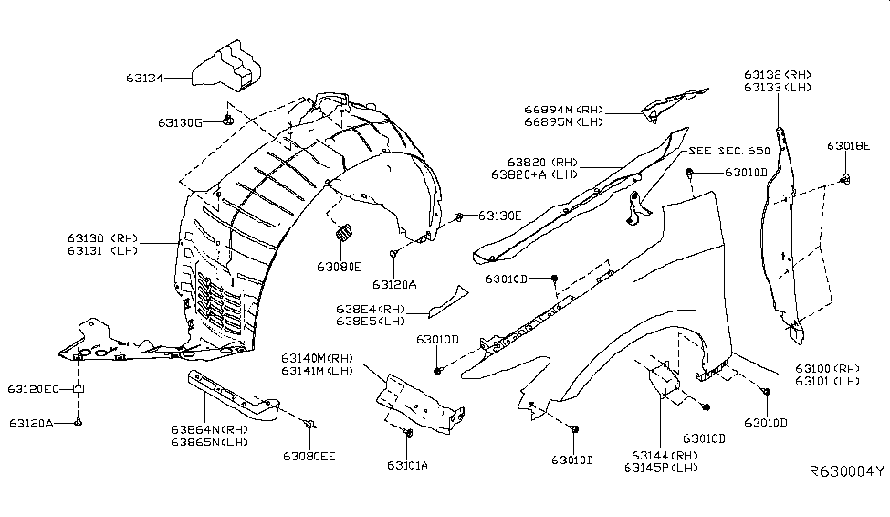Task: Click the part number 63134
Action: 145,79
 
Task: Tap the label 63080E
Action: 340,267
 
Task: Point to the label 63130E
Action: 498,216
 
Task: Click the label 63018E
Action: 849,145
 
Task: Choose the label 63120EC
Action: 35,390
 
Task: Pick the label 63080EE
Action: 308,455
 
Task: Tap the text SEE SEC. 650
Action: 729,151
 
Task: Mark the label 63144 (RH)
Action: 661,455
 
